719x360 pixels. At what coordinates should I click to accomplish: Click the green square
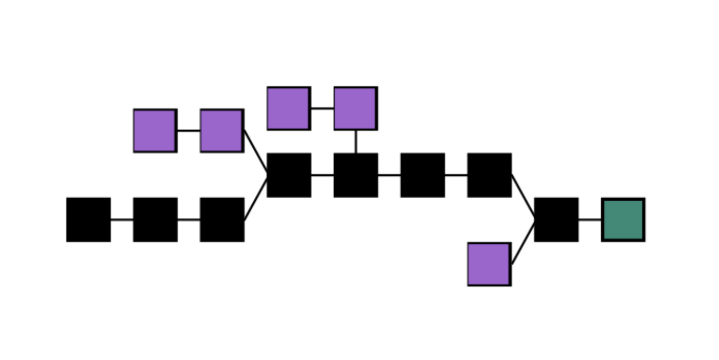(623, 220)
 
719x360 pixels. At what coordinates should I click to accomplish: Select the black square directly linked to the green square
(556, 220)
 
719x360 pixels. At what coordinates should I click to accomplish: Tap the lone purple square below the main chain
(489, 264)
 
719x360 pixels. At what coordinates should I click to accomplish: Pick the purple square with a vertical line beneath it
(355, 108)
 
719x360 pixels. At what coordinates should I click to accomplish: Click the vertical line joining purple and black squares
(355, 141)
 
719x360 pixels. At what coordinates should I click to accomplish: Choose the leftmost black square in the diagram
(89, 220)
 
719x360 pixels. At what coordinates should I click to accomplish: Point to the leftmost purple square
(155, 131)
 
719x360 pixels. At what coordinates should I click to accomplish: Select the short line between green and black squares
(589, 219)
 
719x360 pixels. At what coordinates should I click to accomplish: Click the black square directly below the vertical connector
(355, 175)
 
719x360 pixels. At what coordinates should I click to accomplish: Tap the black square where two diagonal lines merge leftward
(289, 175)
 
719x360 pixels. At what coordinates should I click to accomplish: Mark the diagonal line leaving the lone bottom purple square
(523, 242)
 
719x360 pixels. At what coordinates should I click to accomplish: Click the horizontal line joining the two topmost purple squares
(322, 108)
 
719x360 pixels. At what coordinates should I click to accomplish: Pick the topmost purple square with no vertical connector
(288, 108)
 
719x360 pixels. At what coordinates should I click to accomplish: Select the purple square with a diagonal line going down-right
(222, 131)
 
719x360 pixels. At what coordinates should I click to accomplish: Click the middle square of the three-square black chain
(155, 220)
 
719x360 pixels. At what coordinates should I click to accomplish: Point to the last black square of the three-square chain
(222, 220)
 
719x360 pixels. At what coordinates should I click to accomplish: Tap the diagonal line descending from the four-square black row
(523, 196)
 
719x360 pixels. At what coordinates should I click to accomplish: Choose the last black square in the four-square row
(489, 175)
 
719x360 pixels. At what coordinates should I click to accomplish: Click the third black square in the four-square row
(422, 175)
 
